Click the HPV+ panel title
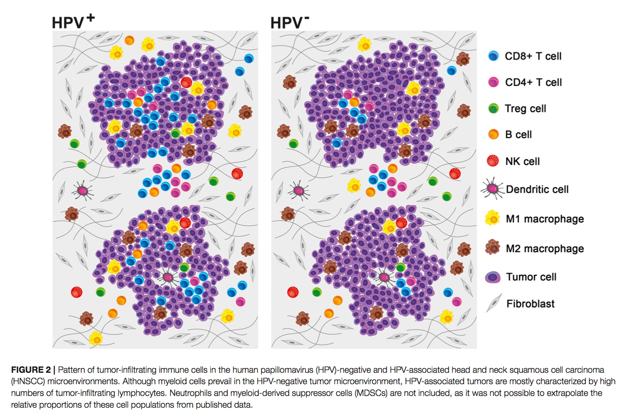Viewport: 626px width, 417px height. click(73, 22)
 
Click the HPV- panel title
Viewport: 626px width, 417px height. click(290, 23)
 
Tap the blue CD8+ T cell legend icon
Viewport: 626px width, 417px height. click(493, 56)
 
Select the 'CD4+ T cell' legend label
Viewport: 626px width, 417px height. click(533, 83)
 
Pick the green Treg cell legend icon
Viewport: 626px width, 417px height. click(493, 108)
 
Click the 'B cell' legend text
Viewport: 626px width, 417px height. click(518, 135)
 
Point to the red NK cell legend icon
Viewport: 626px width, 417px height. click(493, 161)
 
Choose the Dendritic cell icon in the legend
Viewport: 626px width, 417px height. click(492, 189)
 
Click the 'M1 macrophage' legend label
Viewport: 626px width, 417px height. click(545, 219)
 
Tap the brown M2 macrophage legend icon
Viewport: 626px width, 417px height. click(492, 247)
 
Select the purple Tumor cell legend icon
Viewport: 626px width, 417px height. click(493, 277)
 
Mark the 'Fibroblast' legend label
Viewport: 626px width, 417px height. click(530, 304)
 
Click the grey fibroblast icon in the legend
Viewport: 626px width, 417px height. click(494, 302)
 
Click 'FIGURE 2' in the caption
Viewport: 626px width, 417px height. click(31, 370)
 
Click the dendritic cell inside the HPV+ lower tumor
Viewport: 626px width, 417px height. click(168, 277)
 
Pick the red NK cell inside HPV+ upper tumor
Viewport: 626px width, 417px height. click(187, 83)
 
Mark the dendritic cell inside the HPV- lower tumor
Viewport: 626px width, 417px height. click(384, 277)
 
